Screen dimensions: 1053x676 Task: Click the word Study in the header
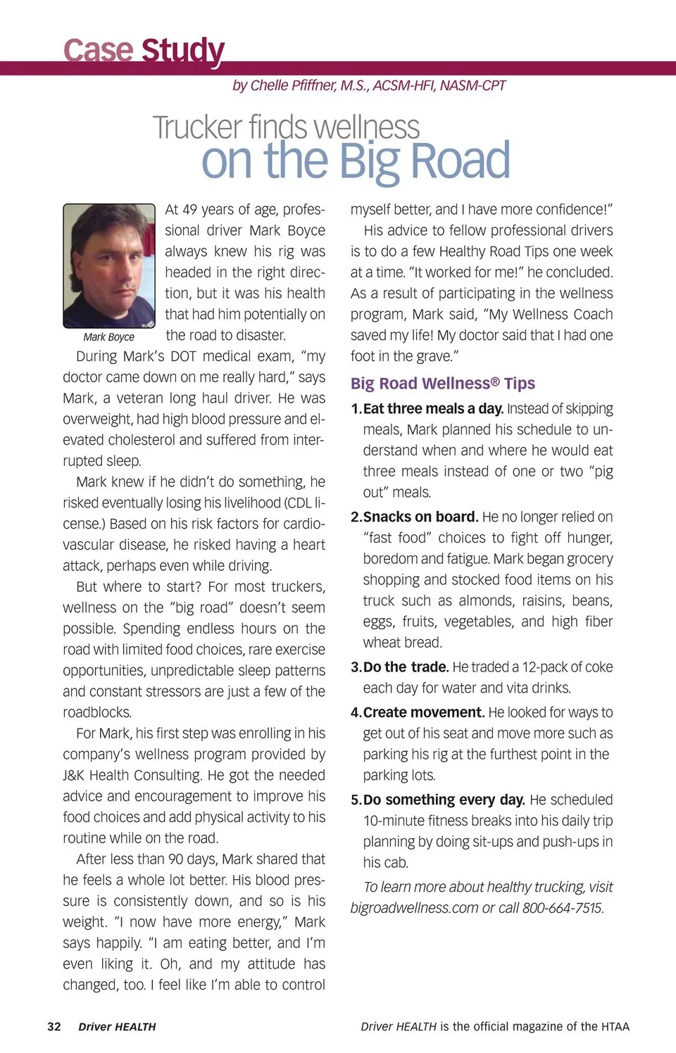pyautogui.click(x=182, y=51)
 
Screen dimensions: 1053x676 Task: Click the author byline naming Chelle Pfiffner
pyautogui.click(x=369, y=85)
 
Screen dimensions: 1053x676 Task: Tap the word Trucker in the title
pyautogui.click(x=198, y=127)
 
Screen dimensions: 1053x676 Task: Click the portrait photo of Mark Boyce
pyautogui.click(x=109, y=265)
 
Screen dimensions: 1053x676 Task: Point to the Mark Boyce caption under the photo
pyautogui.click(x=109, y=337)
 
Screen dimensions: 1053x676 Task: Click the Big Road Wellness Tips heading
pyautogui.click(x=443, y=384)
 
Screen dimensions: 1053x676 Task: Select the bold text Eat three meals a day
pyautogui.click(x=432, y=409)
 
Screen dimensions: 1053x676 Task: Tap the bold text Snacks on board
pyautogui.click(x=420, y=517)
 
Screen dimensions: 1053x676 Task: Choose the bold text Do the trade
pyautogui.click(x=406, y=667)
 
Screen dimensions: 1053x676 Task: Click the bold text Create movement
pyautogui.click(x=423, y=712)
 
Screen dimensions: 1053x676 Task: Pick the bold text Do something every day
pyautogui.click(x=444, y=800)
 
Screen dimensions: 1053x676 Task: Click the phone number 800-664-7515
pyautogui.click(x=563, y=908)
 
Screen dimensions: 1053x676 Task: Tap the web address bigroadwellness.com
pyautogui.click(x=414, y=908)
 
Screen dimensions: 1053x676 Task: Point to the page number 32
pyautogui.click(x=54, y=1026)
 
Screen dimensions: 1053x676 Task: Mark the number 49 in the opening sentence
pyautogui.click(x=190, y=210)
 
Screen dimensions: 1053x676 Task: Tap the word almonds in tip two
pyautogui.click(x=485, y=600)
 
